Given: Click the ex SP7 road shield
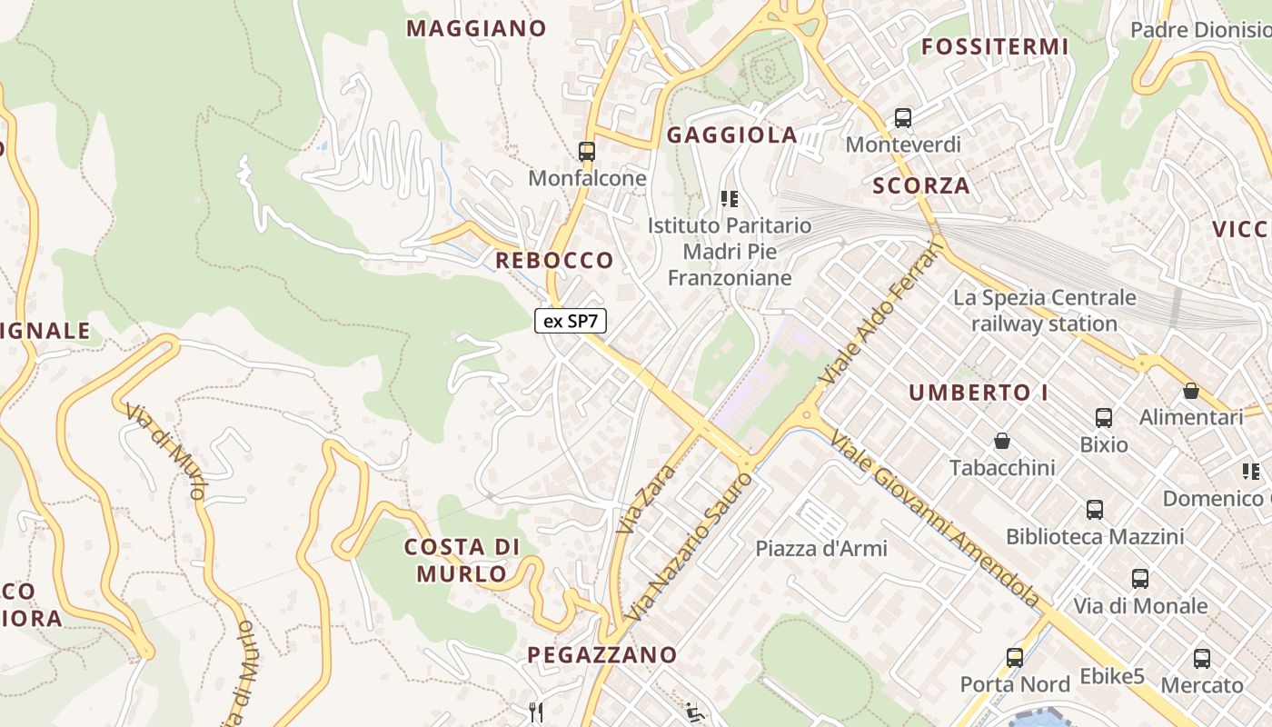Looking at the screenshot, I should (x=571, y=321).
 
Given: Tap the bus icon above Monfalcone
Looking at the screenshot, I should (x=587, y=151).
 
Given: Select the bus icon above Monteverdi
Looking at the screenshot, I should (x=903, y=117).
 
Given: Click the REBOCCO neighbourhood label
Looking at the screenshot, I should (x=554, y=261).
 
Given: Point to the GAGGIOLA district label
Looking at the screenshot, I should (x=732, y=135).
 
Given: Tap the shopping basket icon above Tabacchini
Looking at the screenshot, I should (x=1002, y=441).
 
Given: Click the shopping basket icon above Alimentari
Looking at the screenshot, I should (x=1191, y=391).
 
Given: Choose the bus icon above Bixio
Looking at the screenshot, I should (x=1104, y=417).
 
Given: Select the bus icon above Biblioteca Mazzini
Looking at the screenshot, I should (x=1095, y=510).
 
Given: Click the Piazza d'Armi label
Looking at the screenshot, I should (x=821, y=549).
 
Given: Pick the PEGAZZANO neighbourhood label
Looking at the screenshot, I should (x=602, y=654).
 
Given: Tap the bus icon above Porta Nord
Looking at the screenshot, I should (x=1015, y=657).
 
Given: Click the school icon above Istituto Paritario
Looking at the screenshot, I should (x=729, y=198).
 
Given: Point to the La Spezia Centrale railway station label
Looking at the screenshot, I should (x=1044, y=311).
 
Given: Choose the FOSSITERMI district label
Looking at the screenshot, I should (x=995, y=46).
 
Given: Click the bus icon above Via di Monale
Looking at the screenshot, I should (x=1140, y=578).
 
